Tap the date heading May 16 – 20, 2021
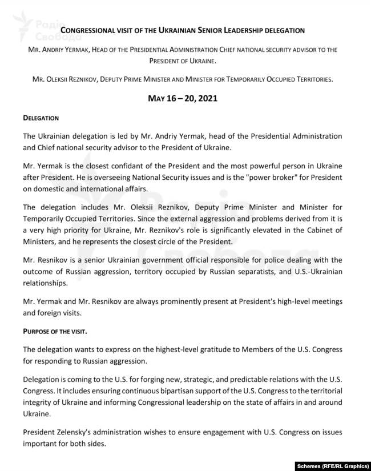[x=182, y=98]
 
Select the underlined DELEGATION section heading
[x=41, y=118]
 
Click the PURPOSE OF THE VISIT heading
[x=55, y=331]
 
